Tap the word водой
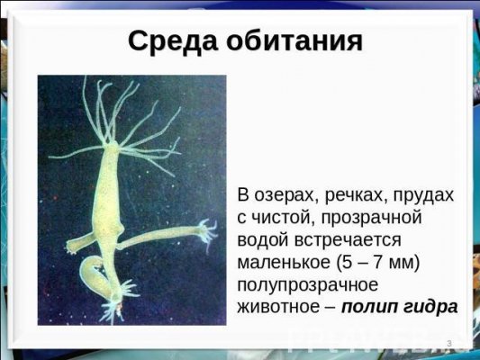(x=262, y=240)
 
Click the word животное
(x=278, y=307)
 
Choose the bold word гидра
(x=430, y=307)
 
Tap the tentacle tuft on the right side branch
(x=206, y=231)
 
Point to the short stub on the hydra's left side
(x=78, y=240)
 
